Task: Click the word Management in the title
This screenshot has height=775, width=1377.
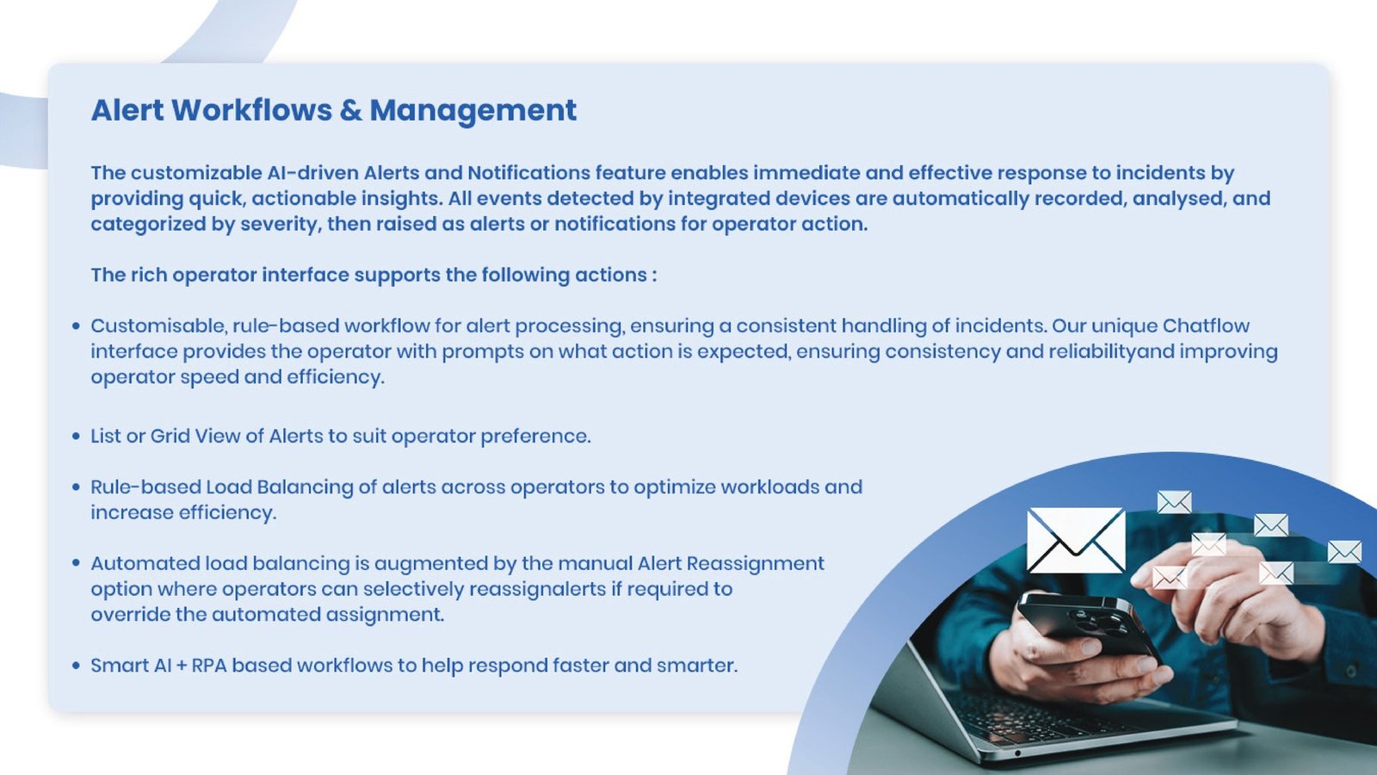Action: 472,112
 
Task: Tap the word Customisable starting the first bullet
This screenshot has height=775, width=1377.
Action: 160,326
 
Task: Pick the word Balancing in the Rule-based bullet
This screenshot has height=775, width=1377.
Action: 305,487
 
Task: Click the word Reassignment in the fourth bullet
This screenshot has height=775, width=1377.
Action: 756,564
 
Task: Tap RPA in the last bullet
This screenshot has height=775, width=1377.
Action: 209,666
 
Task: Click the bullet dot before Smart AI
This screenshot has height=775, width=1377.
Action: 77,666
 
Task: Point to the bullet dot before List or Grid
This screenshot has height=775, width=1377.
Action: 77,436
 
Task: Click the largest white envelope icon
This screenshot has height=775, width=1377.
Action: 1077,539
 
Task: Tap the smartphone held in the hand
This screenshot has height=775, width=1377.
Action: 1087,625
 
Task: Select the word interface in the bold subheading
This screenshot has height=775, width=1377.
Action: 306,275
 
